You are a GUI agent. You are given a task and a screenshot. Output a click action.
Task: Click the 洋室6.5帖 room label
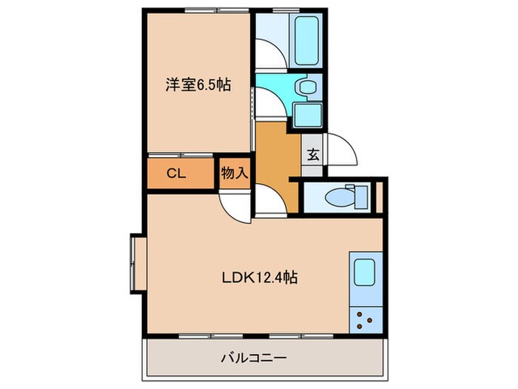point(198,85)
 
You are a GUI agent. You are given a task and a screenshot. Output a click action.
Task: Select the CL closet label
point(175,174)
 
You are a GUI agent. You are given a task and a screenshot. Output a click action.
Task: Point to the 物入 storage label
point(234,174)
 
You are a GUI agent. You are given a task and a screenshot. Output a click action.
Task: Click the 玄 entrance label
point(313,156)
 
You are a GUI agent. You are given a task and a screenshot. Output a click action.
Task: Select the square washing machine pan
point(305,116)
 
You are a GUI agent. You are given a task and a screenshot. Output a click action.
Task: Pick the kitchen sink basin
point(365,274)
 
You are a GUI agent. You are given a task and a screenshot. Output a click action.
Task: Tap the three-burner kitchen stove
point(365,319)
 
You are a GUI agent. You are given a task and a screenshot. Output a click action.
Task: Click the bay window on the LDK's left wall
point(136,265)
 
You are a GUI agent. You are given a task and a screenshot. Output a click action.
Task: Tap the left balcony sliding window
point(203,336)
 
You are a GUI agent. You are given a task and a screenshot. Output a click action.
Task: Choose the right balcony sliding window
point(296,336)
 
